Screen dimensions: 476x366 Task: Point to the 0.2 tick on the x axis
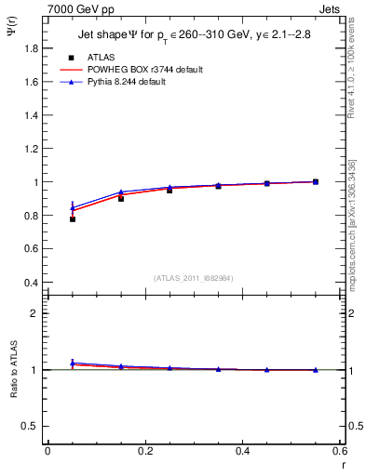point(144,451)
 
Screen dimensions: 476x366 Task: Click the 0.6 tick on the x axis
point(339,451)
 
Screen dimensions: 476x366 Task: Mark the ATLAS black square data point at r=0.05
point(73,219)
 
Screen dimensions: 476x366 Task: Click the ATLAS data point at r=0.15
point(121,198)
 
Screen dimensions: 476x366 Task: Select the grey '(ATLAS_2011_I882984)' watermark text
point(195,278)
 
